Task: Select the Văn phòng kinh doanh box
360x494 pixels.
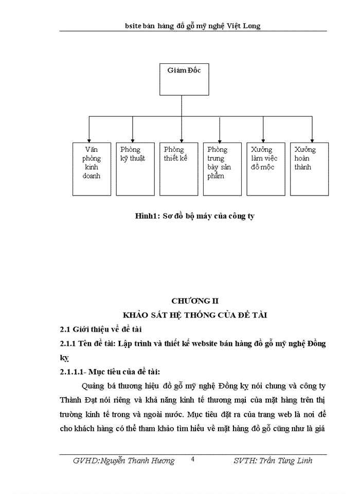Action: (92, 168)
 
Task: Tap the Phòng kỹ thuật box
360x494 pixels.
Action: (135, 168)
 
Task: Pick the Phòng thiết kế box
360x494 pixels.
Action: (178, 168)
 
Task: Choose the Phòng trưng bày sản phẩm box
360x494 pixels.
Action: (222, 168)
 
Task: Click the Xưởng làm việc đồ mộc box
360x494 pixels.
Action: (265, 168)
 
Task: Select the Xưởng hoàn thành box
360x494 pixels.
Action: (309, 168)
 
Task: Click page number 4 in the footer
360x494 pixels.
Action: (192, 460)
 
